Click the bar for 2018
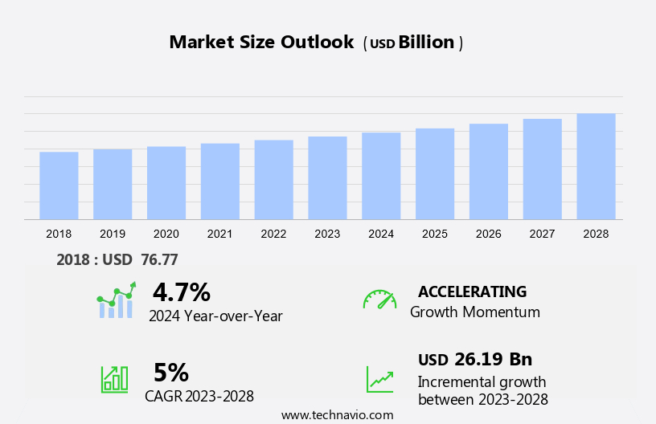[59, 185]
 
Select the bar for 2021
[220, 181]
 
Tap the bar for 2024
[381, 176]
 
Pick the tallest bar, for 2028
[596, 166]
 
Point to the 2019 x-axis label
[113, 234]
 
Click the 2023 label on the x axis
[327, 234]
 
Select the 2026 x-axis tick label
[488, 234]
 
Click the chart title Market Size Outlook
[261, 43]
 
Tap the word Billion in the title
[427, 43]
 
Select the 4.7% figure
[181, 291]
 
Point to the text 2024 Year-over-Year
[215, 316]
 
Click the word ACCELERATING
[472, 291]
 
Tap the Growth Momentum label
[474, 312]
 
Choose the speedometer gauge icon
[379, 300]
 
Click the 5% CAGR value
[170, 372]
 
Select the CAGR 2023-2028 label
[199, 396]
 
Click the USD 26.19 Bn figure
[474, 359]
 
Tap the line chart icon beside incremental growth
[379, 379]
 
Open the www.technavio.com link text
[337, 415]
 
